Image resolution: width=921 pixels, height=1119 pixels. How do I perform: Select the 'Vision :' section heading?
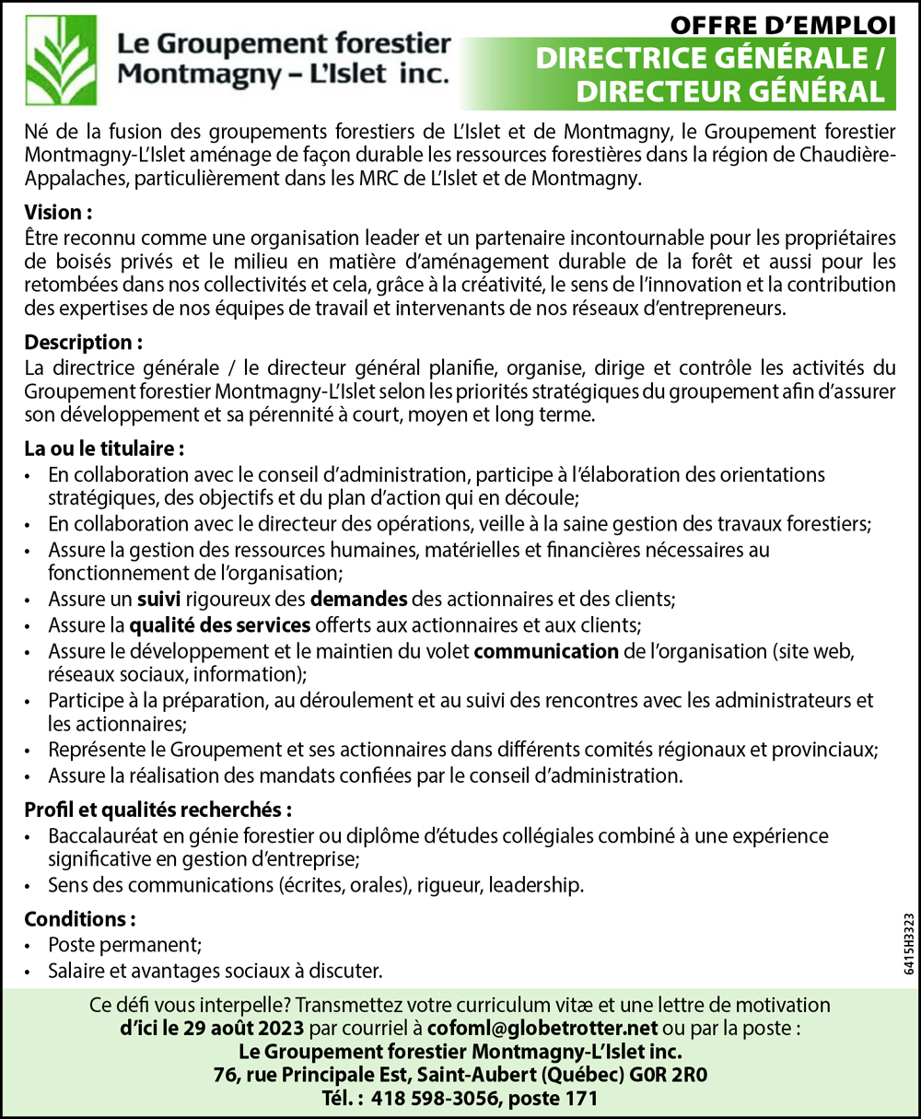tap(58, 213)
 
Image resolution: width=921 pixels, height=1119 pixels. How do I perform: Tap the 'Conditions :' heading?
tap(80, 919)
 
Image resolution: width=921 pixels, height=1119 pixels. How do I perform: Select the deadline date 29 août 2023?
tap(235, 1027)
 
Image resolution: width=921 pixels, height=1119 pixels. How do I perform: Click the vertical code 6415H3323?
tap(909, 943)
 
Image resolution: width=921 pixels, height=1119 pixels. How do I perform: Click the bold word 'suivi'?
tap(158, 600)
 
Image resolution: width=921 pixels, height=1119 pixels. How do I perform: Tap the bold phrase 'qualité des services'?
tap(220, 626)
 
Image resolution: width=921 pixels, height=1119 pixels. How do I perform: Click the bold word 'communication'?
tap(546, 652)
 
